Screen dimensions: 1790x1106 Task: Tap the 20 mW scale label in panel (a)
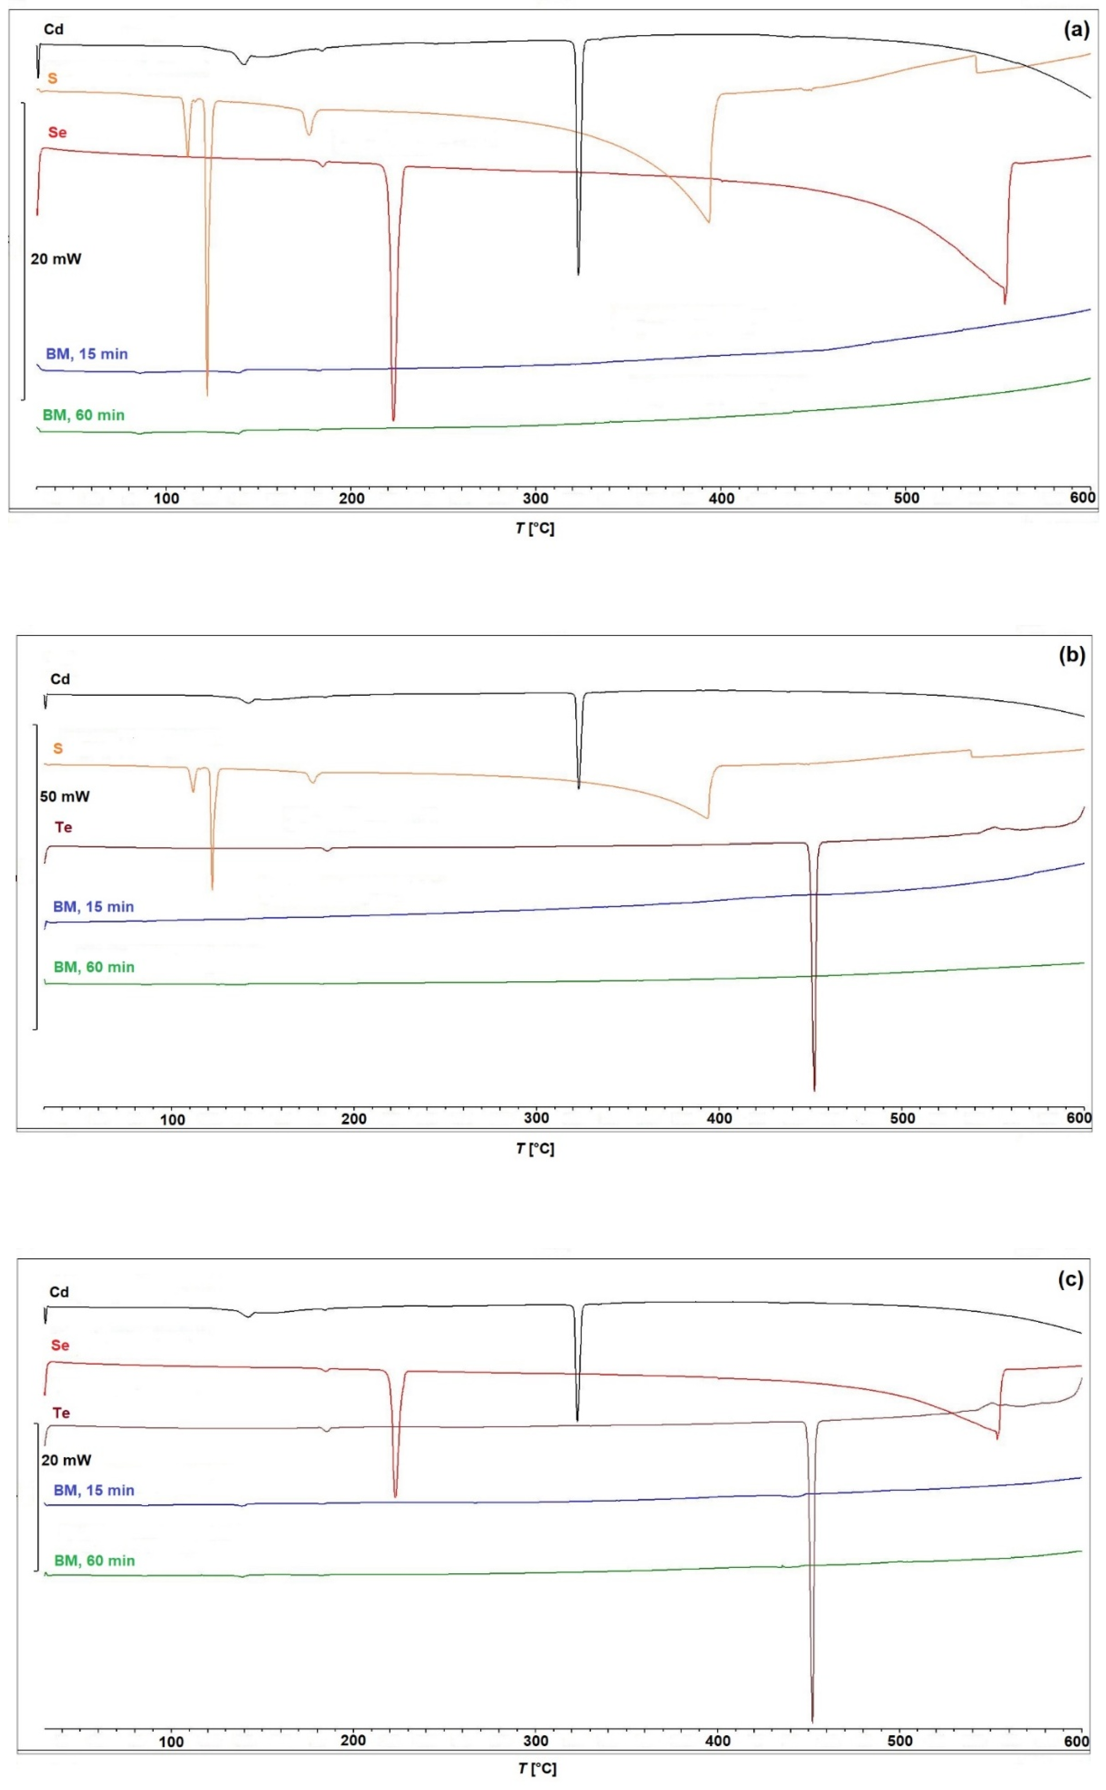56,258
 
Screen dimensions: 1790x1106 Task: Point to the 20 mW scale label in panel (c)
66,1460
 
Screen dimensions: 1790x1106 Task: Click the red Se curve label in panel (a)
57,132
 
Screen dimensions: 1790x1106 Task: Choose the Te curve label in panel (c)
61,1413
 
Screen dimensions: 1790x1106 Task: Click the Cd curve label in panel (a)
53,29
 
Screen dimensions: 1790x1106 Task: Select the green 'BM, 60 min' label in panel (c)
94,1560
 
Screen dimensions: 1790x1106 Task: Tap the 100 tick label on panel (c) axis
171,1742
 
